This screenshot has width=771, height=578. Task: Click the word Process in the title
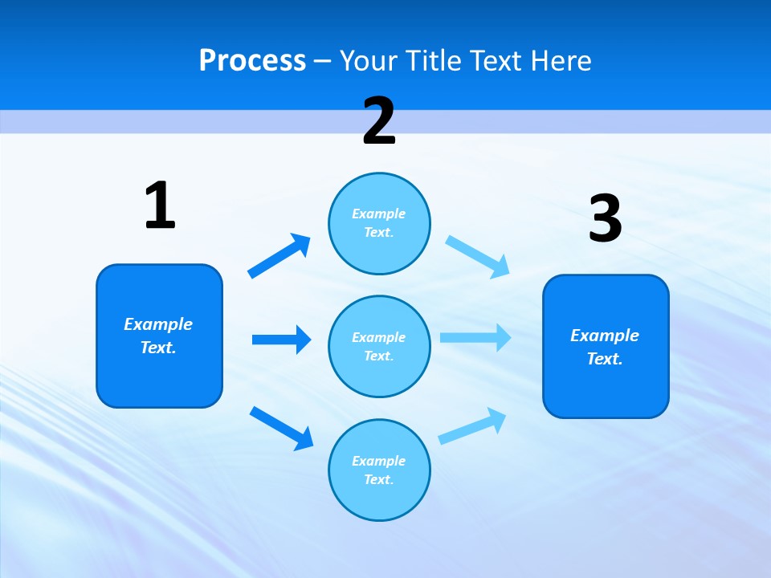pos(252,60)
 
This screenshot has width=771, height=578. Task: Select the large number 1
pos(160,206)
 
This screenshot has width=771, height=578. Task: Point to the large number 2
pos(379,121)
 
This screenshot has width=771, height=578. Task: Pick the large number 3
pos(605,219)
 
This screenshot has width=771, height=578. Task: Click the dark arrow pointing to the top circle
pos(279,256)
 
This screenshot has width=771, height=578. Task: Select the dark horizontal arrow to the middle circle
pos(281,340)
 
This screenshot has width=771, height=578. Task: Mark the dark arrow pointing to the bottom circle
pos(281,427)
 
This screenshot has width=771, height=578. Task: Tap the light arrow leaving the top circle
pos(478,256)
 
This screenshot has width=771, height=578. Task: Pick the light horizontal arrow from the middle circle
pos(475,337)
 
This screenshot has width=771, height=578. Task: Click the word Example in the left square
pos(158,324)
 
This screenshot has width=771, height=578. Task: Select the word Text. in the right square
pos(605,359)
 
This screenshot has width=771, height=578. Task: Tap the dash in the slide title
pos(323,60)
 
